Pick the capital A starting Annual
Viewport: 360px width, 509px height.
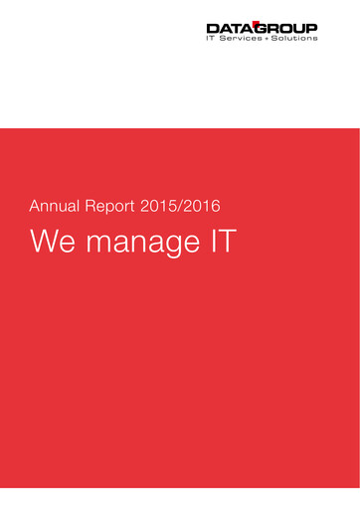35,208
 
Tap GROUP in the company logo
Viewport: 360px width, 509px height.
284,27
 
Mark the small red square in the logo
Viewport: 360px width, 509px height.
254,22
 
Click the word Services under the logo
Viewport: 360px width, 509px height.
241,38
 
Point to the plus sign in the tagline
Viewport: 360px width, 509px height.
268,38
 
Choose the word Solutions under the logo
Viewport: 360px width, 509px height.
295,38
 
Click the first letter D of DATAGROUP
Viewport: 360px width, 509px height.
211,27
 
